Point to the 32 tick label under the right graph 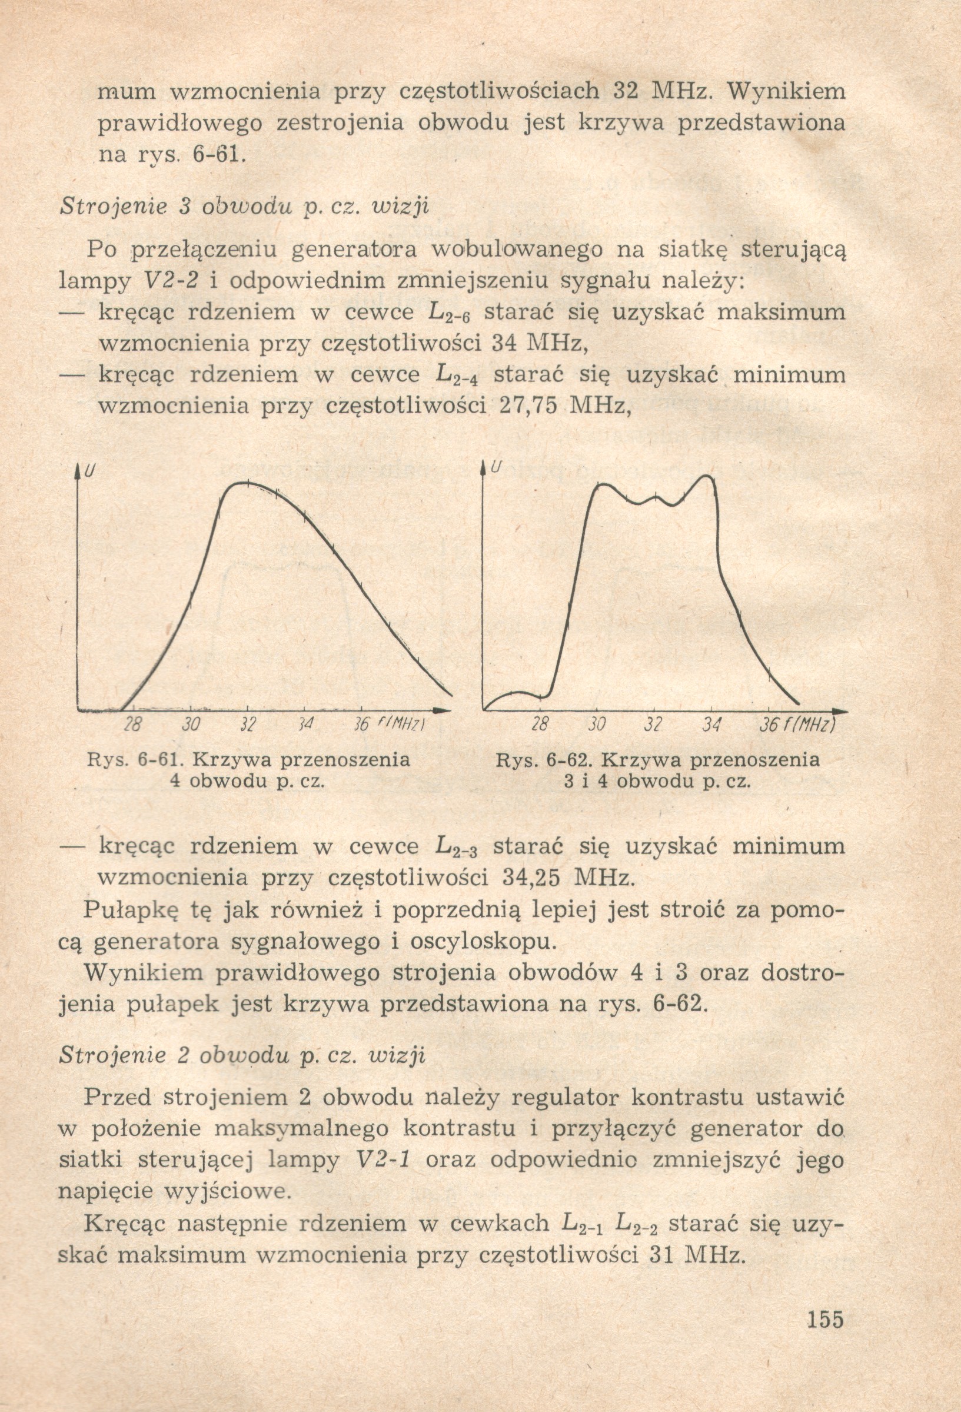pyautogui.click(x=653, y=725)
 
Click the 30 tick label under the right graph pyautogui.click(x=597, y=725)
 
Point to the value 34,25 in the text pyautogui.click(x=532, y=878)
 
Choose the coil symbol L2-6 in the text pyautogui.click(x=450, y=314)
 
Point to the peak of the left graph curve pyautogui.click(x=246, y=483)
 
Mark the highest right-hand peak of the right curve pyautogui.click(x=706, y=476)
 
